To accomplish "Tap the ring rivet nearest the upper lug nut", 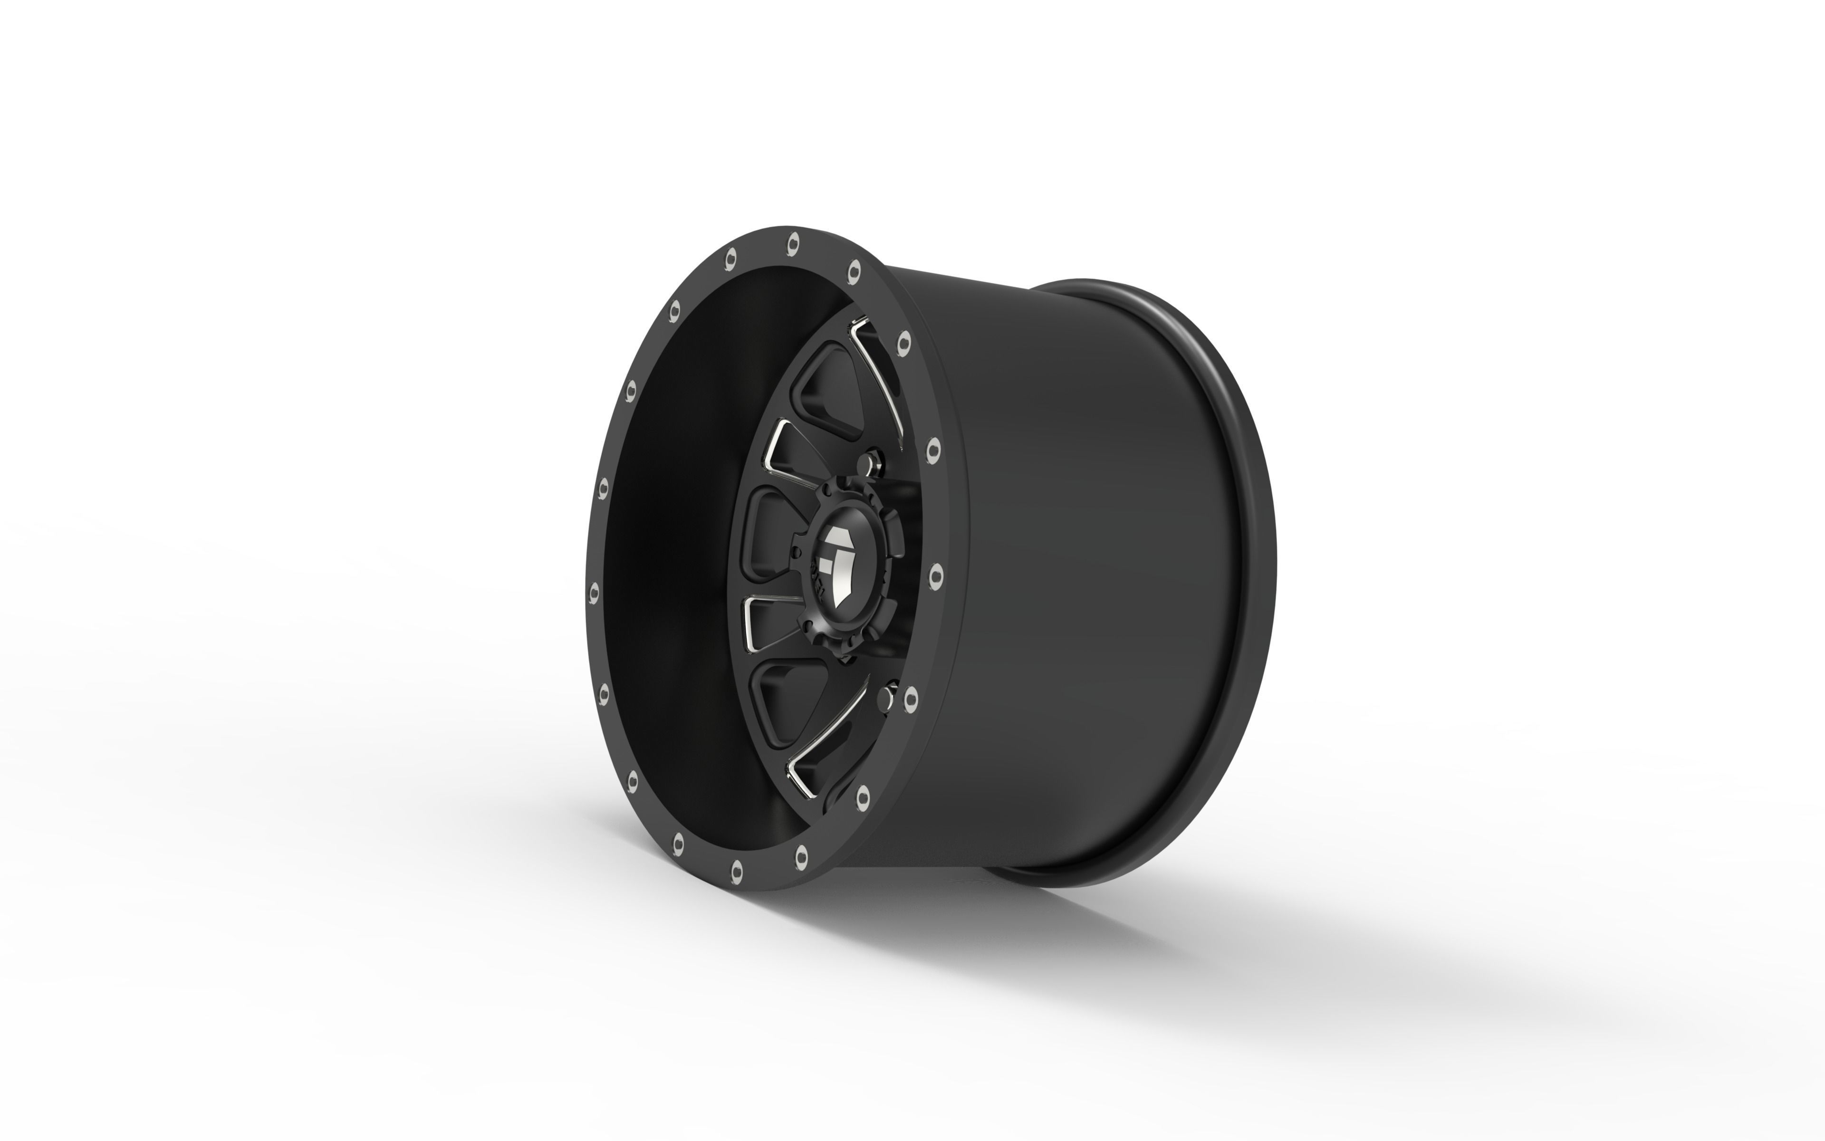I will pos(933,450).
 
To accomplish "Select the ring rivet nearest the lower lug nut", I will pos(910,698).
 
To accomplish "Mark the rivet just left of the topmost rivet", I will pos(730,259).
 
